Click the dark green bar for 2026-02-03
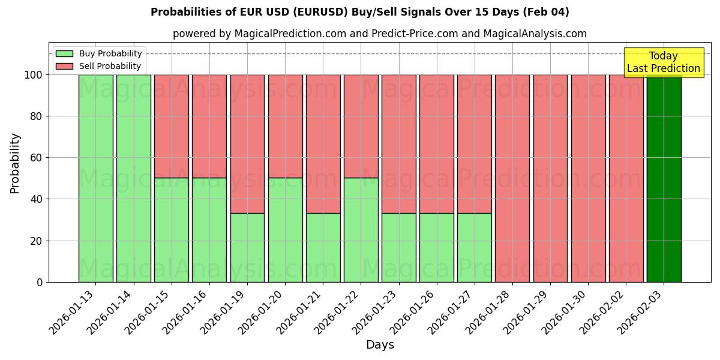coord(664,178)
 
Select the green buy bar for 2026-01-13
coord(95,178)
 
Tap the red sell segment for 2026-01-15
coord(172,126)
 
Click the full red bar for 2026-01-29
coord(550,178)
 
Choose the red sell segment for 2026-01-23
coord(398,144)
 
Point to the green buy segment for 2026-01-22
coord(361,230)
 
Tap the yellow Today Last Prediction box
coord(663,62)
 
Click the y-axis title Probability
coord(15,163)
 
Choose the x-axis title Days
coord(380,345)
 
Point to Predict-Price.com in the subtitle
coord(406,34)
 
